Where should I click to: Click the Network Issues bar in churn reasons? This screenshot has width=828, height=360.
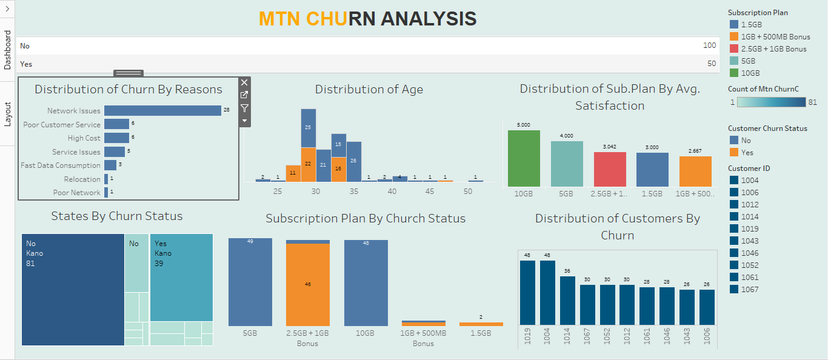point(162,110)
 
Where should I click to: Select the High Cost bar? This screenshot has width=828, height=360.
point(116,138)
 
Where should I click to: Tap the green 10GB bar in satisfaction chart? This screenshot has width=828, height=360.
point(524,158)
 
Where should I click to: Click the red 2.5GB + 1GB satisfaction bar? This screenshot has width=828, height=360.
point(610,169)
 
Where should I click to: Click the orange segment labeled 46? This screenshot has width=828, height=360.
point(308,284)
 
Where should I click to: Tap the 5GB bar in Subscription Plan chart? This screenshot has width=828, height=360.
point(250,282)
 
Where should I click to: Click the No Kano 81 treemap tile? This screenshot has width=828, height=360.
point(73,289)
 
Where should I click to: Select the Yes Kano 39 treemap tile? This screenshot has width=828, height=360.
point(181,277)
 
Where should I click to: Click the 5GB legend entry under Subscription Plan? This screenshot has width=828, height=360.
point(748,61)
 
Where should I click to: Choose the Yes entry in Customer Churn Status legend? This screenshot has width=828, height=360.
point(746,153)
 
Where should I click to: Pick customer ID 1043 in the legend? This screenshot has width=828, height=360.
point(749,241)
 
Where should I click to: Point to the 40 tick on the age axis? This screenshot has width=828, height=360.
point(392,192)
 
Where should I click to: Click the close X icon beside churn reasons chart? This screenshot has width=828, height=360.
point(244,82)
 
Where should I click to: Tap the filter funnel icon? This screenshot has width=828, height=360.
point(244,108)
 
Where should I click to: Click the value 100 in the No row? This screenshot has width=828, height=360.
point(709,46)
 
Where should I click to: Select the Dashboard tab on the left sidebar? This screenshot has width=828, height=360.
point(7,50)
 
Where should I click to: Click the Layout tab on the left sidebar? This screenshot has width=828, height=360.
point(7,114)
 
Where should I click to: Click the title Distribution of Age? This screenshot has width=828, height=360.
point(369,90)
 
